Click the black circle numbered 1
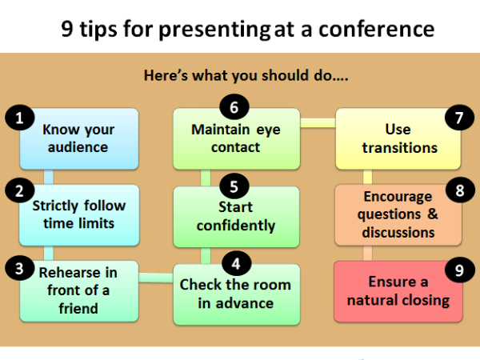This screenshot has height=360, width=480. tap(19, 118)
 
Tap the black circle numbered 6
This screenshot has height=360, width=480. tap(234, 107)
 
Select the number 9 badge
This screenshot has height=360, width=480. tap(459, 270)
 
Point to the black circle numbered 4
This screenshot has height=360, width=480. tap(236, 263)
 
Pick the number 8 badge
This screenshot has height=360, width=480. tap(460, 190)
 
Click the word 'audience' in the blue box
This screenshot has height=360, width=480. tap(78, 147)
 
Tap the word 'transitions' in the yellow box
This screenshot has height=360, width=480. tap(400, 148)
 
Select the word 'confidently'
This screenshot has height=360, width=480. tap(236, 226)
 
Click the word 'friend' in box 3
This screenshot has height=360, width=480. tap(78, 308)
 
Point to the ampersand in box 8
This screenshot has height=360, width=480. tap(433, 214)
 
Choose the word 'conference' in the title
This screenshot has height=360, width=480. tap(376, 30)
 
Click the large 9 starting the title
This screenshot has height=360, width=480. tap(67, 29)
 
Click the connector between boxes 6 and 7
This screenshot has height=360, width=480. tap(318, 123)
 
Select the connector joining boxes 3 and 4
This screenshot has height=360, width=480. tap(156, 278)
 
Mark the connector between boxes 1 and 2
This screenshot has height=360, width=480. tap(48, 177)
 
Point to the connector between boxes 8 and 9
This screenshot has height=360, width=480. tap(368, 253)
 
